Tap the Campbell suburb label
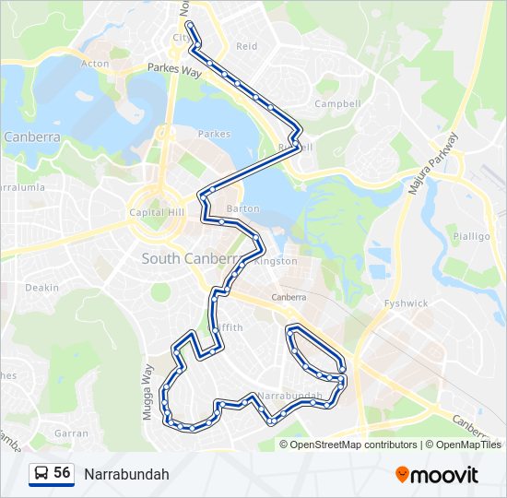(336, 103)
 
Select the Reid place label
(247, 46)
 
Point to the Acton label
(95, 64)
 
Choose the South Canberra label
(190, 259)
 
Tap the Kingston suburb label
(276, 261)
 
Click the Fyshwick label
(407, 302)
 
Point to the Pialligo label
(471, 236)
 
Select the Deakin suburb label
(42, 288)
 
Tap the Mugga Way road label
(147, 391)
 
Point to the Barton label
(249, 208)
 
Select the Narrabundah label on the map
(290, 396)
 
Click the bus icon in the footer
(41, 474)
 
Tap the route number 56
(62, 473)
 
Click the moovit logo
(437, 474)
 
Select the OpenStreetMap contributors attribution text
(353, 445)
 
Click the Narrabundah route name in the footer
(126, 474)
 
